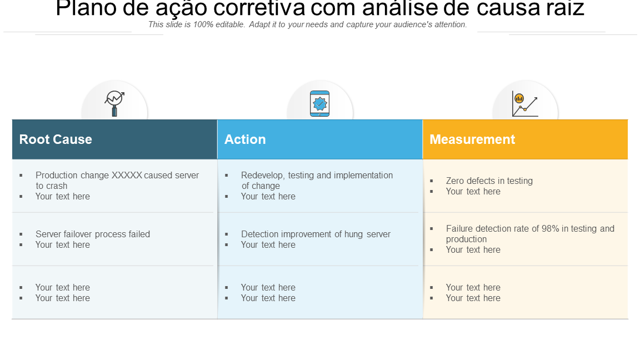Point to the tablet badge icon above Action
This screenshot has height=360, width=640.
click(319, 104)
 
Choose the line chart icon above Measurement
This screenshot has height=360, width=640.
click(525, 104)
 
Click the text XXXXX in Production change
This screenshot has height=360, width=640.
click(127, 175)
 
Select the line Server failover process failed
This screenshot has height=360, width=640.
click(93, 234)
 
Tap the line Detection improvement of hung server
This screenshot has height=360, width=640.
click(316, 234)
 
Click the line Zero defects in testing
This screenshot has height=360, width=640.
click(489, 181)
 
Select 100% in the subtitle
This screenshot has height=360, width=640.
click(203, 24)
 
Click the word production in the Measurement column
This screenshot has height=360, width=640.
click(466, 239)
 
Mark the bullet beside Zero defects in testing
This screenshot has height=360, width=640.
click(432, 181)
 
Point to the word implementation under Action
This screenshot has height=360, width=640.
click(363, 176)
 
